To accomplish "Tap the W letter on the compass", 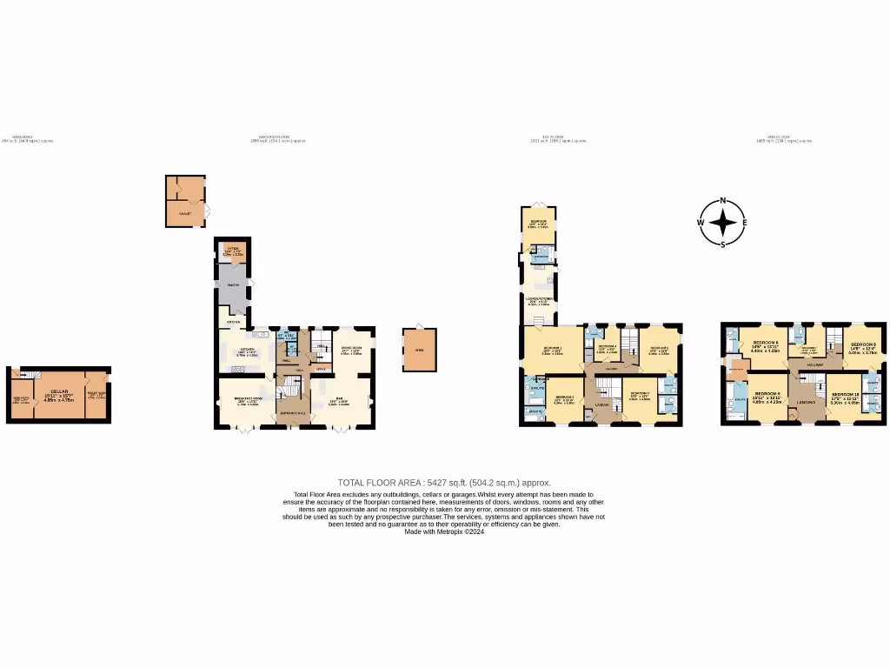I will (700, 223).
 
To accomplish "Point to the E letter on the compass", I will (745, 223).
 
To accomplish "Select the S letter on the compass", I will (722, 244).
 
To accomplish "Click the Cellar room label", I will (59, 392).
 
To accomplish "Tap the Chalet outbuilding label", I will (184, 212).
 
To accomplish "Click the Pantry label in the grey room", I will (232, 285).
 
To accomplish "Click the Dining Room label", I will (350, 349).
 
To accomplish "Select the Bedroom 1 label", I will (552, 348).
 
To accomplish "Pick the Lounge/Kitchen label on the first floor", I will (539, 299).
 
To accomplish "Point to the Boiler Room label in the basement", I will (96, 393).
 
